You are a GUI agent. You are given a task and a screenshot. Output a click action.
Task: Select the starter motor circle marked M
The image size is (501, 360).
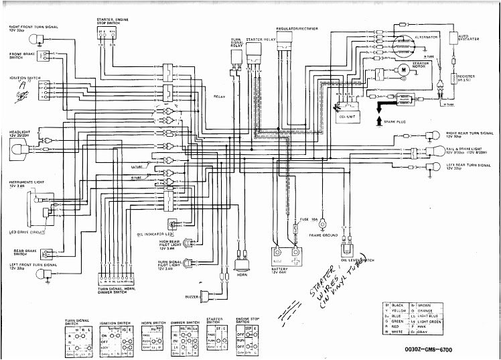pyautogui.click(x=404, y=76)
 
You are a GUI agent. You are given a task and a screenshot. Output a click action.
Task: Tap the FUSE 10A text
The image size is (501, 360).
pyautogui.click(x=308, y=220)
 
